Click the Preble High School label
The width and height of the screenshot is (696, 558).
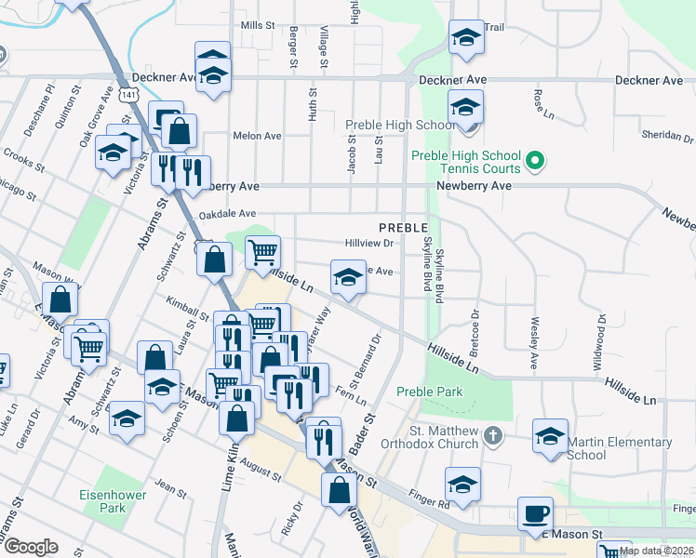tap(400, 126)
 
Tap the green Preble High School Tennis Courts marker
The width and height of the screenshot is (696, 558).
tap(534, 162)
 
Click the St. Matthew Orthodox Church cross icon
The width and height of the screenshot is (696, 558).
tap(494, 434)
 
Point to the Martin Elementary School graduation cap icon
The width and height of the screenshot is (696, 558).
tap(550, 435)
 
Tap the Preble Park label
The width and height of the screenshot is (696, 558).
tap(429, 392)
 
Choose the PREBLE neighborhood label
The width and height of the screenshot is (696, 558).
tap(403, 228)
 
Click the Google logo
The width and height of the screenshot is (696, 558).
tap(31, 547)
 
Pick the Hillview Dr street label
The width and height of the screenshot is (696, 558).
tap(370, 243)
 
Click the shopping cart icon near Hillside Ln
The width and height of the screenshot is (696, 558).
tap(262, 250)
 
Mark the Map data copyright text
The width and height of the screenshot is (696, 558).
tap(657, 551)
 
